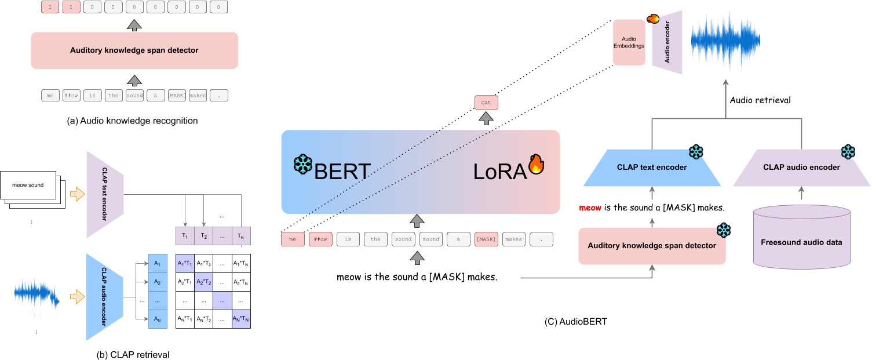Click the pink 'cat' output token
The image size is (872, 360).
(x=486, y=103)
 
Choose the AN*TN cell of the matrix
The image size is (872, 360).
(x=240, y=319)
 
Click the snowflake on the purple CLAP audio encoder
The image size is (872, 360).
(x=848, y=152)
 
